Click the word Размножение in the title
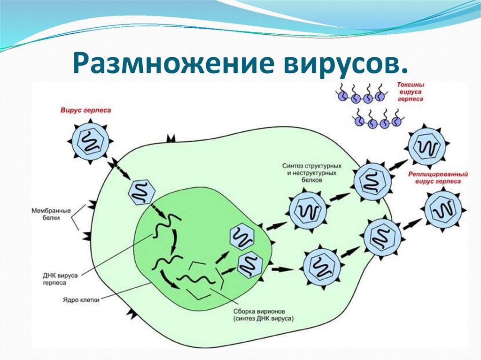click(150, 64)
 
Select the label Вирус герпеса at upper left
click(85, 111)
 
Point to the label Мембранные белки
click(51, 214)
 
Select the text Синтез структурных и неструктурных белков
click(311, 173)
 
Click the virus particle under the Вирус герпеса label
click(89, 140)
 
